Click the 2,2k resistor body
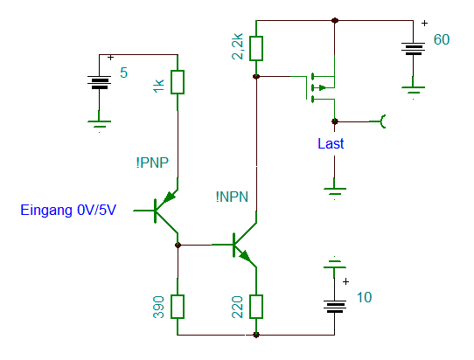click(x=256, y=49)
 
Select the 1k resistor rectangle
click(x=178, y=82)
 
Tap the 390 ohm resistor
click(x=178, y=307)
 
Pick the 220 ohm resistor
click(x=256, y=307)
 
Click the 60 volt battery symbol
click(x=413, y=49)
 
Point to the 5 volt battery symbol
click(x=99, y=82)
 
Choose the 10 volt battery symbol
click(x=335, y=307)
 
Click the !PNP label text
click(x=152, y=163)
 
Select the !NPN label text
click(x=232, y=197)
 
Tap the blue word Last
click(x=331, y=143)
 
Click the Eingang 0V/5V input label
click(x=68, y=210)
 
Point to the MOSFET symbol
click(x=320, y=87)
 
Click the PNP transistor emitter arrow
click(x=170, y=197)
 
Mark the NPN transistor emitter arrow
click(x=245, y=256)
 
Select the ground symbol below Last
click(x=335, y=191)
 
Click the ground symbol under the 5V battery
click(x=99, y=124)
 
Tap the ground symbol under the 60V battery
click(x=413, y=90)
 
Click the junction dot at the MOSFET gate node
click(x=256, y=76)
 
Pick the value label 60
click(x=442, y=39)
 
